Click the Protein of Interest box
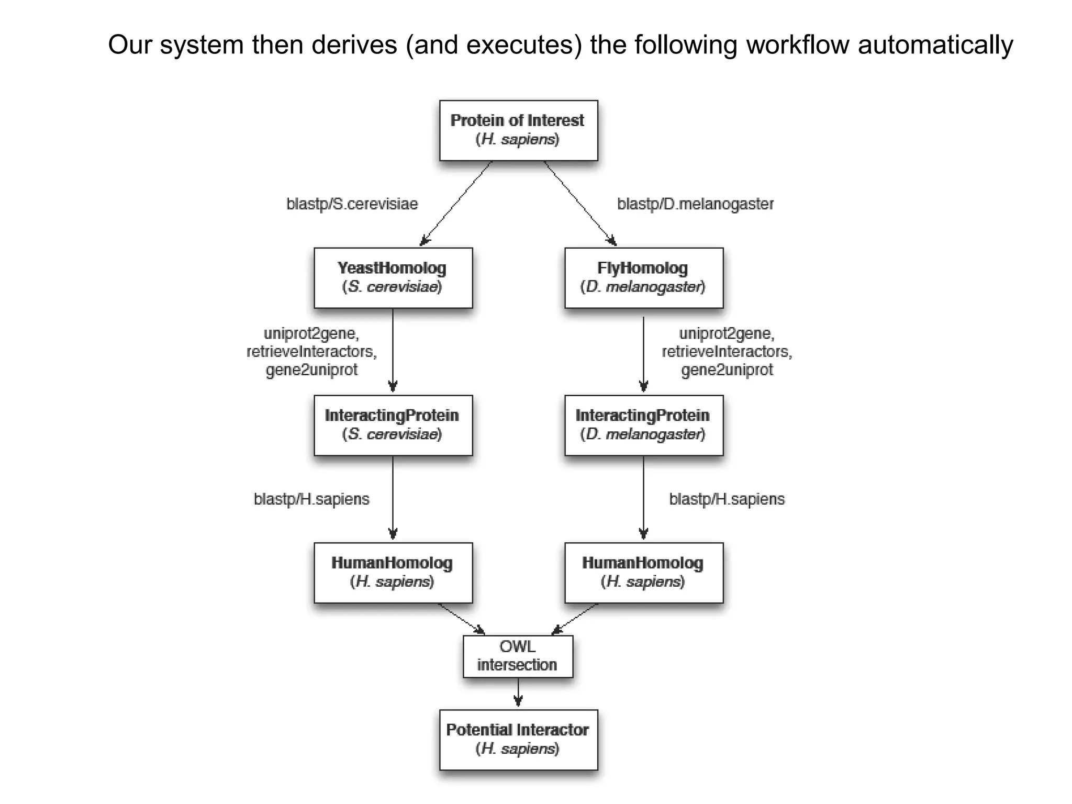pyautogui.click(x=518, y=130)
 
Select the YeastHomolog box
pyautogui.click(x=393, y=278)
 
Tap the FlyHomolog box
pyautogui.click(x=644, y=278)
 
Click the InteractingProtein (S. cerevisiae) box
pyautogui.click(x=393, y=425)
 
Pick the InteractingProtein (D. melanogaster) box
pyautogui.click(x=644, y=425)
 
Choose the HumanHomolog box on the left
pyautogui.click(x=393, y=573)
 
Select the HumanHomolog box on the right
pyautogui.click(x=644, y=573)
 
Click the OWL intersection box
pyautogui.click(x=518, y=656)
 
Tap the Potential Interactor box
pyautogui.click(x=518, y=739)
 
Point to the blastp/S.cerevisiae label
pyautogui.click(x=352, y=204)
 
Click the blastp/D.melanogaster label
pyautogui.click(x=695, y=204)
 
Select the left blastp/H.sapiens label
pyautogui.click(x=311, y=499)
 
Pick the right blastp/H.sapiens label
pyautogui.click(x=727, y=499)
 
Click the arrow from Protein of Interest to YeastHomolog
pyautogui.click(x=456, y=203)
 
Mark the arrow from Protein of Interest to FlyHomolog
pyautogui.click(x=580, y=203)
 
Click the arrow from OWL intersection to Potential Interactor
pyautogui.click(x=518, y=693)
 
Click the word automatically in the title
pyautogui.click(x=935, y=45)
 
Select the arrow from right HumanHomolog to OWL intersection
pyautogui.click(x=575, y=619)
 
